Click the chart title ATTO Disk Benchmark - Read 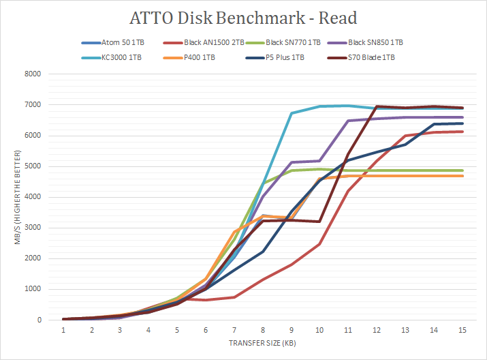pos(244,18)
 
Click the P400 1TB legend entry pos(199,57)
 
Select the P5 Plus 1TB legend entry pos(287,57)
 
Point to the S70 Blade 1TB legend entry pos(371,57)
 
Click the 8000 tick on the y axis pos(33,74)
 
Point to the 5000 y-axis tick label pos(33,166)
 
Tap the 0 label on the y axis pos(39,320)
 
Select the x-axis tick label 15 pos(462,330)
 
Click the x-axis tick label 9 pos(292,330)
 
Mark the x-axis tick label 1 pos(63,330)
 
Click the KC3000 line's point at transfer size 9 pos(292,113)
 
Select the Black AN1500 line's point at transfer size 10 pos(320,243)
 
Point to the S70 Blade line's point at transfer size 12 pos(377,106)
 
